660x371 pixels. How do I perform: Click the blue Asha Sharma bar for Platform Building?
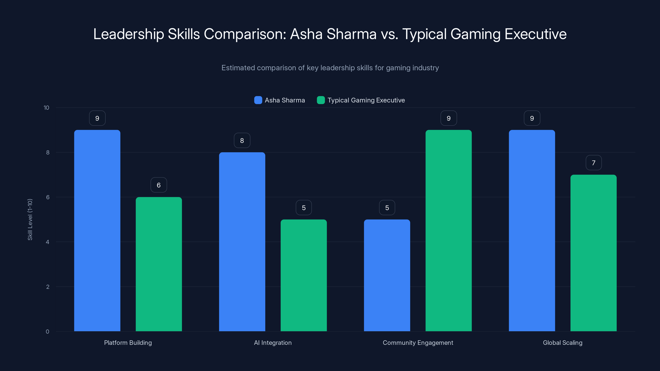[x=97, y=230]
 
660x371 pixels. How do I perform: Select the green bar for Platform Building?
[x=159, y=264]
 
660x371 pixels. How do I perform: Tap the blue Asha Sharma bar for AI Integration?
[x=242, y=242]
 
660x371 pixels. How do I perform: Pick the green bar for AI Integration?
[x=304, y=275]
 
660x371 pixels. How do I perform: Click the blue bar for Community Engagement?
[x=387, y=275]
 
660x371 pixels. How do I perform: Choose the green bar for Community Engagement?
[x=448, y=230]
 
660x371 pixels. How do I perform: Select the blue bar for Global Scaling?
[x=532, y=230]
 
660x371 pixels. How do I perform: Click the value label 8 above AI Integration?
[x=242, y=140]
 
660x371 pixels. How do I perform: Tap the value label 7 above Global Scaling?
[x=593, y=163]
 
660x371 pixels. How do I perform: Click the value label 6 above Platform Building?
[x=159, y=185]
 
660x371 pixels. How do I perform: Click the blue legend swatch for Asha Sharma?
[x=258, y=100]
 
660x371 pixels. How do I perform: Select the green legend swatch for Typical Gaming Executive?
[x=321, y=100]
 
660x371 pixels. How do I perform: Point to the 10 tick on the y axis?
[x=46, y=108]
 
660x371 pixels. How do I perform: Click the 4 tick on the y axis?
[x=47, y=242]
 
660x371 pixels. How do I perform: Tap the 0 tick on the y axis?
[x=47, y=332]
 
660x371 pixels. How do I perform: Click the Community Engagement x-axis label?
[x=418, y=343]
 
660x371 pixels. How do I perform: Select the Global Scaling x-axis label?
[x=563, y=343]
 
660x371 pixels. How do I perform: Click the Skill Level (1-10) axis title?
[x=30, y=220]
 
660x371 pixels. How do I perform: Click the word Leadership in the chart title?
[x=128, y=34]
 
